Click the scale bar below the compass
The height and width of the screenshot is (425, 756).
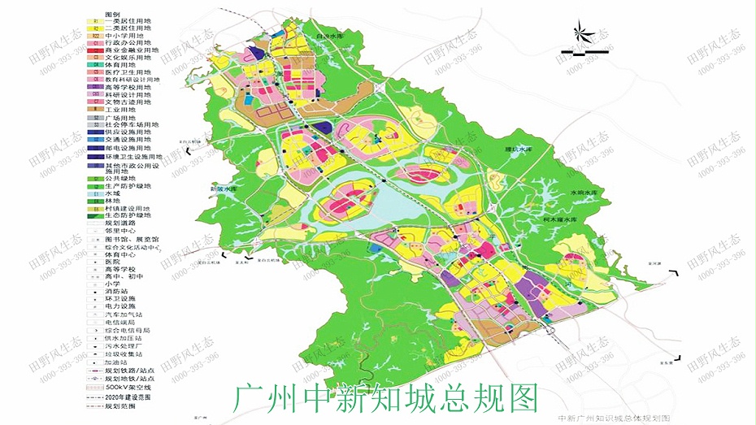click(579, 57)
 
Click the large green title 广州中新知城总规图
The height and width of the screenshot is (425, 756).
click(385, 397)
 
